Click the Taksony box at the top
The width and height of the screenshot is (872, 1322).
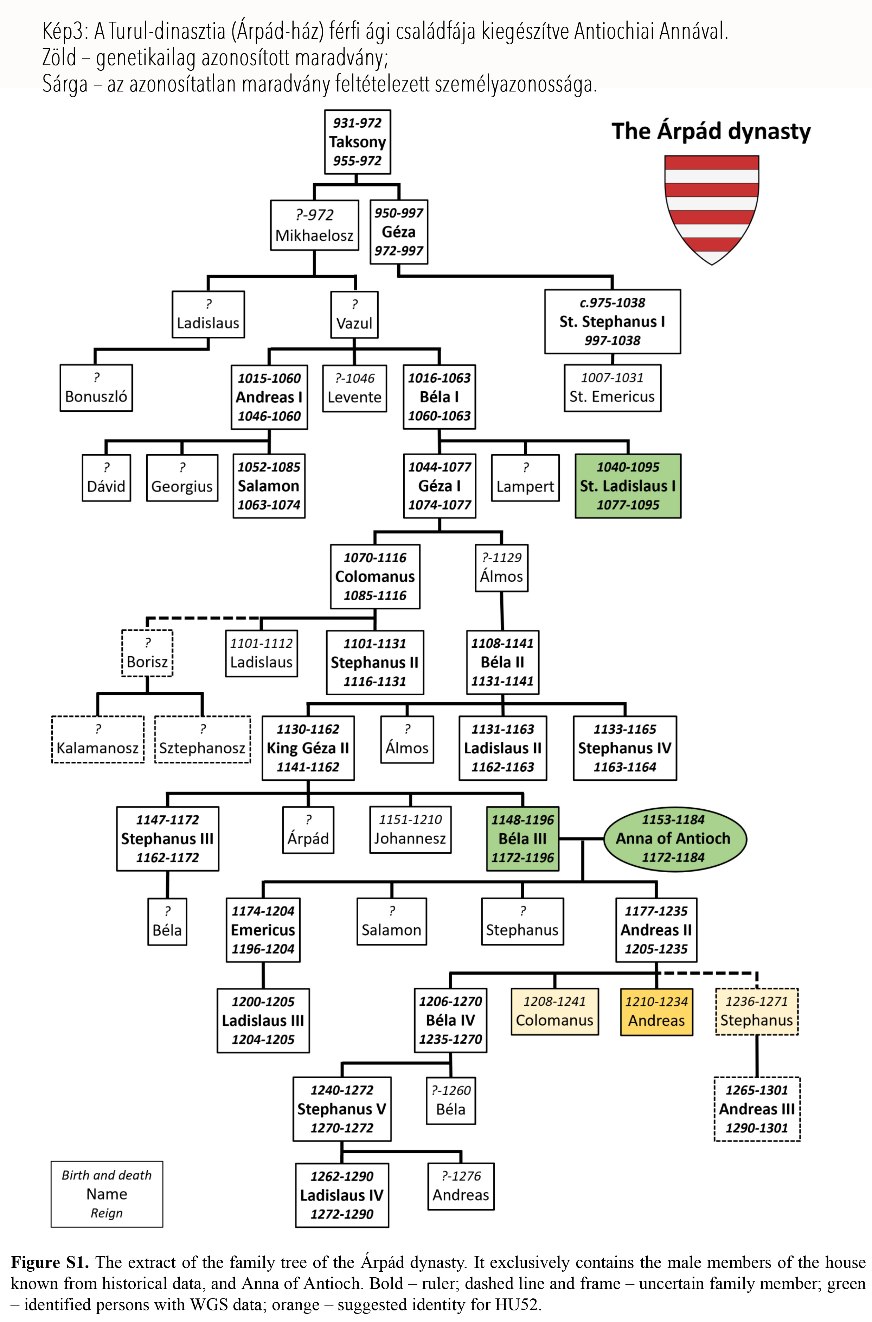pos(357,142)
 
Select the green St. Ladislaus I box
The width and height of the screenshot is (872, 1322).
pos(628,486)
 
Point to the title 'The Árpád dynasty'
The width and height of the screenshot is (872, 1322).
pos(711,131)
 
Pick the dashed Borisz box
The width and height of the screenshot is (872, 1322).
pos(147,653)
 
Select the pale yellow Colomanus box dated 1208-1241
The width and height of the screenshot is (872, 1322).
pos(554,1012)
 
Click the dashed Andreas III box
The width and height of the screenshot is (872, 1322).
pos(757,1109)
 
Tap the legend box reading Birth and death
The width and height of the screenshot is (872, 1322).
pos(107,1194)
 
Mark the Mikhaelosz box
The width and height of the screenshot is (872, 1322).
pos(314,225)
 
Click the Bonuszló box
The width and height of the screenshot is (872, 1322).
pos(96,388)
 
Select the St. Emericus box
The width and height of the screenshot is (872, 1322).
pos(612,388)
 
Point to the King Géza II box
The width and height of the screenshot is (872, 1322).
pos(308,748)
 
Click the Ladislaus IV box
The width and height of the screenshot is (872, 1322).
pos(342,1195)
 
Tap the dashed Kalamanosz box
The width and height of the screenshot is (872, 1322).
pos(97,739)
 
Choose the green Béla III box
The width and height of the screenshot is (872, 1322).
pos(523,839)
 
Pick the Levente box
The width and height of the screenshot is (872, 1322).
pos(355,388)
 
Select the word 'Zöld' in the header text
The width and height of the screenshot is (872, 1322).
pos(59,58)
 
